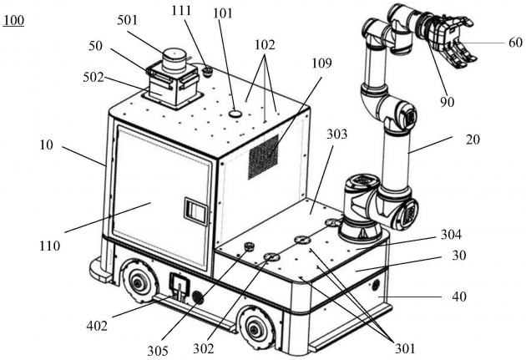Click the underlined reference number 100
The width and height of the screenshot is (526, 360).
(13, 21)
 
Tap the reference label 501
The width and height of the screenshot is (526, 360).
(127, 20)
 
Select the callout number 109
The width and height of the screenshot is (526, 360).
(321, 63)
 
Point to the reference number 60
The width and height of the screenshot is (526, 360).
(515, 43)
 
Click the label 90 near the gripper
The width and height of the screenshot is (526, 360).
(448, 101)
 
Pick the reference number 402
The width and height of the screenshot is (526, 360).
(97, 326)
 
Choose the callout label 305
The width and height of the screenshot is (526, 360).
(158, 351)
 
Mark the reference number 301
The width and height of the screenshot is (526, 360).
(405, 349)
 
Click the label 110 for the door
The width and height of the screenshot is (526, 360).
(49, 246)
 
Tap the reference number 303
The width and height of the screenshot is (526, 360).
(336, 134)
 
